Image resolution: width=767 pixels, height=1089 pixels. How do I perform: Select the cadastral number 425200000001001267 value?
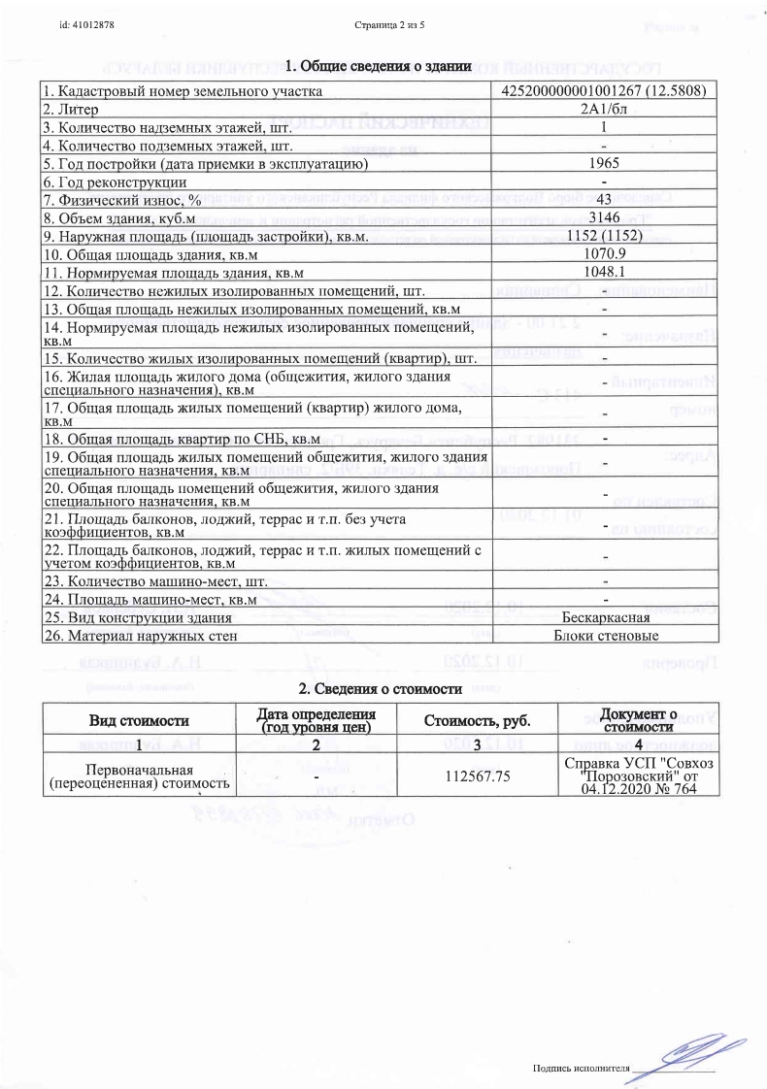(604, 91)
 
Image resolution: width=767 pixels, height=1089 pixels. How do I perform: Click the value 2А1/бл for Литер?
(604, 109)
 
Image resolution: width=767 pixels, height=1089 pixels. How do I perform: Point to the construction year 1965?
(604, 163)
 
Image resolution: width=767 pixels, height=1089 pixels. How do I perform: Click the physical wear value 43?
(604, 199)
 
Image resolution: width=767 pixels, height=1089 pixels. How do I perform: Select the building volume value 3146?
(604, 217)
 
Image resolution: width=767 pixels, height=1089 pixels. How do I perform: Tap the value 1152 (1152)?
(604, 236)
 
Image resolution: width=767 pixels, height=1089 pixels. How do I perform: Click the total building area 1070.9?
(604, 254)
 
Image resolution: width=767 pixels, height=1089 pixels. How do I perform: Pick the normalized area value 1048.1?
(604, 272)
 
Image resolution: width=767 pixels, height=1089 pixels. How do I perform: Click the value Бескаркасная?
(604, 617)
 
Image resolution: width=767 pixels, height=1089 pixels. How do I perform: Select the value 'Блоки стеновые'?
(604, 636)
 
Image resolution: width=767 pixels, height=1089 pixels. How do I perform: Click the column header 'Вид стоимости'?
(139, 720)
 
